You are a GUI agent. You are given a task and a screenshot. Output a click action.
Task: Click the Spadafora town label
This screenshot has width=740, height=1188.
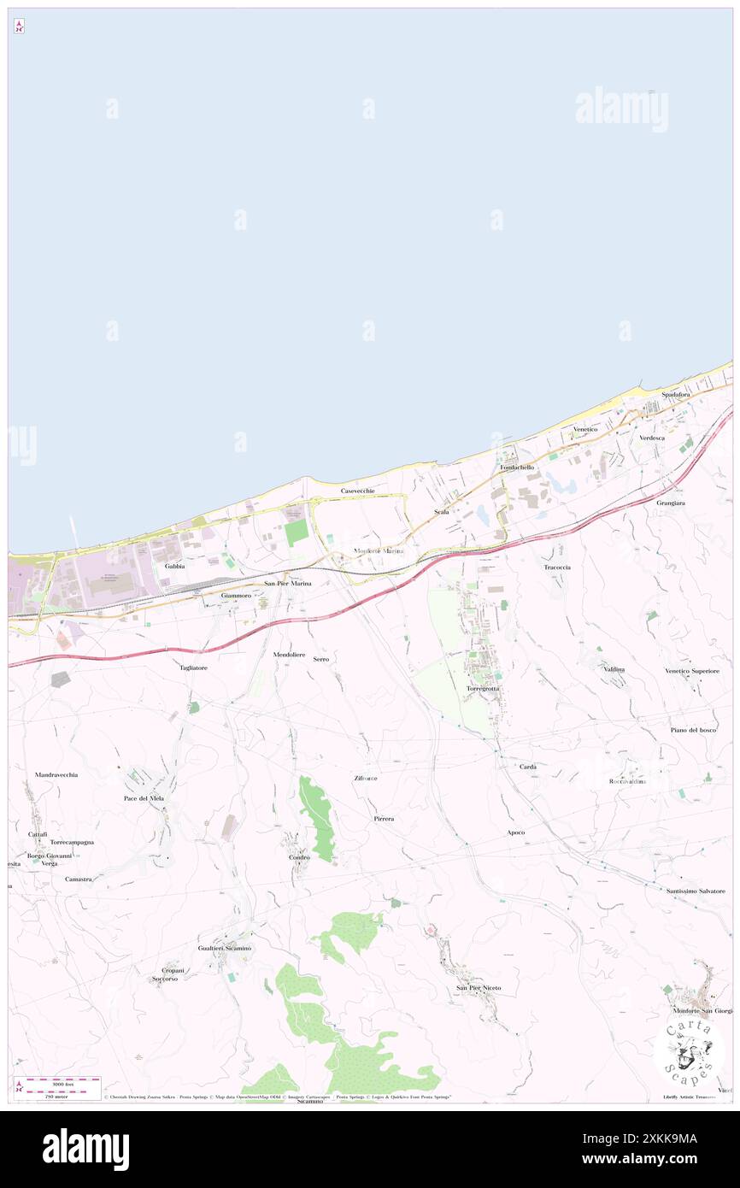click(x=675, y=395)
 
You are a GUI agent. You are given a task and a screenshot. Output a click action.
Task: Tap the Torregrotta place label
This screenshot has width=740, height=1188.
click(x=483, y=688)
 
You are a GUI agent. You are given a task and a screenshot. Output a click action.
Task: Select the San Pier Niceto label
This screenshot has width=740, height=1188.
click(x=479, y=988)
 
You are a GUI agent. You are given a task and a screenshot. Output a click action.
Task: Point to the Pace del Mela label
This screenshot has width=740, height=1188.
click(x=144, y=798)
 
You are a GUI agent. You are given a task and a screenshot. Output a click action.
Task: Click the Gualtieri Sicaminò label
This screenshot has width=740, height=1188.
click(x=225, y=949)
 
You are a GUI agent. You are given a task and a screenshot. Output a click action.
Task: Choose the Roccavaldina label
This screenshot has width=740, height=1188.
click(x=627, y=781)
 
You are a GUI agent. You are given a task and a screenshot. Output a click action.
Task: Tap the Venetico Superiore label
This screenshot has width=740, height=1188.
click(x=692, y=672)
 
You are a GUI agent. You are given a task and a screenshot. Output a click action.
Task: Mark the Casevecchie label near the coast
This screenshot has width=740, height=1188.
click(x=358, y=491)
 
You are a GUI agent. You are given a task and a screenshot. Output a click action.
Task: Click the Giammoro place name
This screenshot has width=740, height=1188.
click(x=235, y=595)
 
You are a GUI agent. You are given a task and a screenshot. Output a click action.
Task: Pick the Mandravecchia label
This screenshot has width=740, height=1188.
click(x=56, y=774)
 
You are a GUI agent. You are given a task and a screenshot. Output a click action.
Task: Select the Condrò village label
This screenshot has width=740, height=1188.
click(x=298, y=857)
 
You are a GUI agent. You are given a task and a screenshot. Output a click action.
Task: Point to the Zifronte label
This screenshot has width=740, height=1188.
click(x=366, y=779)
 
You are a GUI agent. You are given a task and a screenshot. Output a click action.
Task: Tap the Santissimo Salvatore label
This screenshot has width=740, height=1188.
click(x=696, y=891)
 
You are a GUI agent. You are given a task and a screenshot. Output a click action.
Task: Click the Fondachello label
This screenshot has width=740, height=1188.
click(x=517, y=468)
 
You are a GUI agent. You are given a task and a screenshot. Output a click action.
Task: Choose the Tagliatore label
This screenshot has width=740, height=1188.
click(x=193, y=668)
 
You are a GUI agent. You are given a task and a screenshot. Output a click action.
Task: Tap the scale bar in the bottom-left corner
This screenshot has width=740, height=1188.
click(x=57, y=1084)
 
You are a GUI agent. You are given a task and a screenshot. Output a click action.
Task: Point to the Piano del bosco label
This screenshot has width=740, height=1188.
click(x=693, y=730)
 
